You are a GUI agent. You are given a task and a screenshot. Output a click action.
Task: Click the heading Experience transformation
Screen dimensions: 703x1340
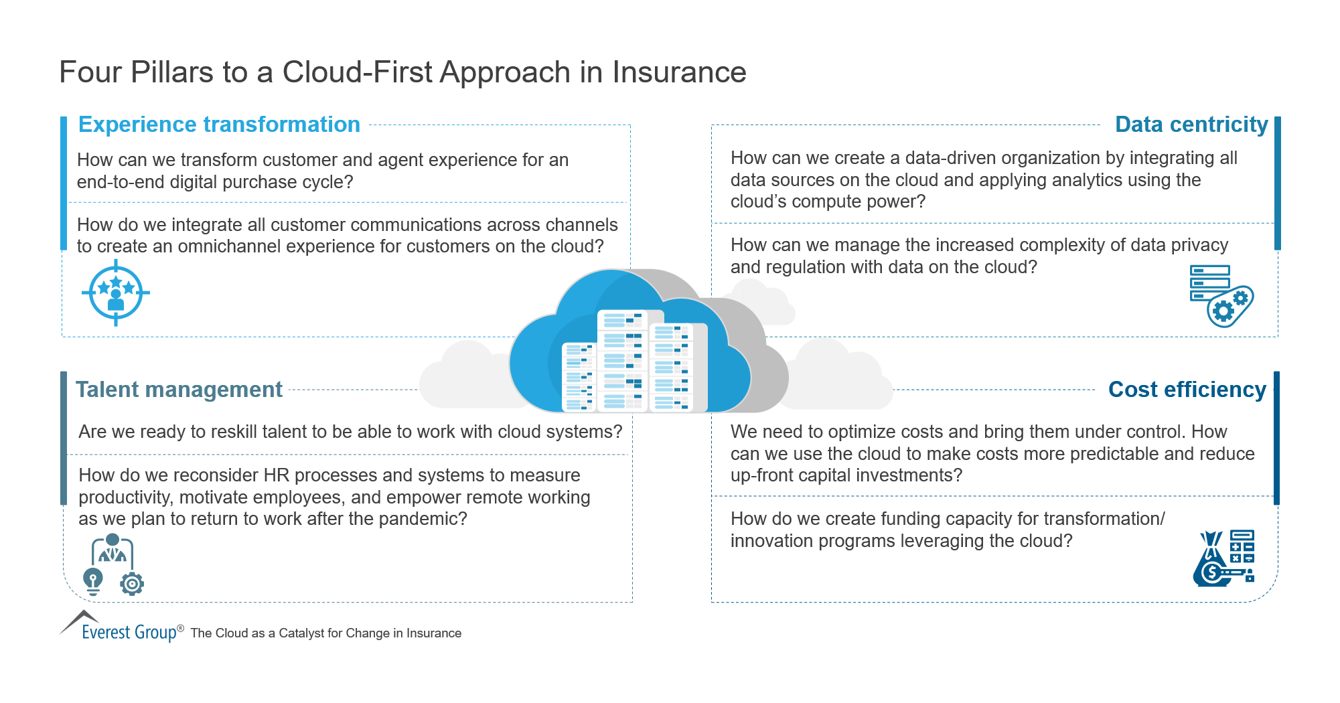[219, 125]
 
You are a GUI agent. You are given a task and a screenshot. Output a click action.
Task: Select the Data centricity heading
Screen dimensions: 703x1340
[1191, 125]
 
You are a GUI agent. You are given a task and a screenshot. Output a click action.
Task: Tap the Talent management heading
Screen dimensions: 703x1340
[179, 390]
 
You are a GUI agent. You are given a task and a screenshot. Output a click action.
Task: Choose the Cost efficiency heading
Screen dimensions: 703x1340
[1187, 390]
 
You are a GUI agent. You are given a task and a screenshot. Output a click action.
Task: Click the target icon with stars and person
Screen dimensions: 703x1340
[116, 293]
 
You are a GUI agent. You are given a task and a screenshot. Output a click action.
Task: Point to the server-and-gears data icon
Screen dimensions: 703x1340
[1220, 295]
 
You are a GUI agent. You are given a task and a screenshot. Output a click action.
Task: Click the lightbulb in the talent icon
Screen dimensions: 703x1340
[93, 580]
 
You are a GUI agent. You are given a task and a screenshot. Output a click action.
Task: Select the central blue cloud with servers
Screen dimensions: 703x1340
[629, 348]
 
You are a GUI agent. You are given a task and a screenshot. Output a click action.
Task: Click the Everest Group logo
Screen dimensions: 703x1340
[121, 628]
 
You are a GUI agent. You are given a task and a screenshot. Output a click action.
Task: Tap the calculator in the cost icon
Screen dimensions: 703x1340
[1242, 547]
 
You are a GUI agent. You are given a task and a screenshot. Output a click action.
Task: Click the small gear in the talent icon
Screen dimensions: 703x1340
[132, 584]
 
